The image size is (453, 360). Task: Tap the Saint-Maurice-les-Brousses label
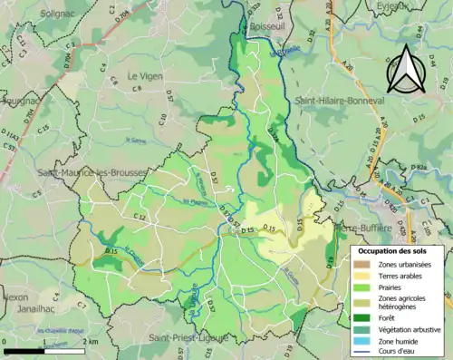[80, 172]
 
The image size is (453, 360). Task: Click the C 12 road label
[140, 217]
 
